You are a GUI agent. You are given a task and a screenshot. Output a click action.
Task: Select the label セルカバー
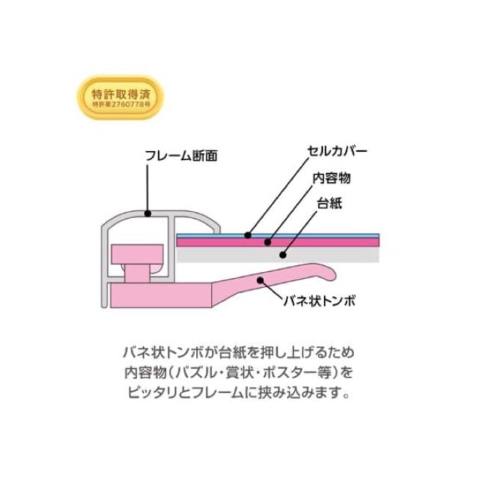(337, 150)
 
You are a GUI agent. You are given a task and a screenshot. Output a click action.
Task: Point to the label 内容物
(331, 178)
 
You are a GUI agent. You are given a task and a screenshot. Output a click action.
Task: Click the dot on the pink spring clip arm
(261, 280)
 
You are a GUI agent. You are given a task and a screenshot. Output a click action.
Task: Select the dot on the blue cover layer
(249, 234)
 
